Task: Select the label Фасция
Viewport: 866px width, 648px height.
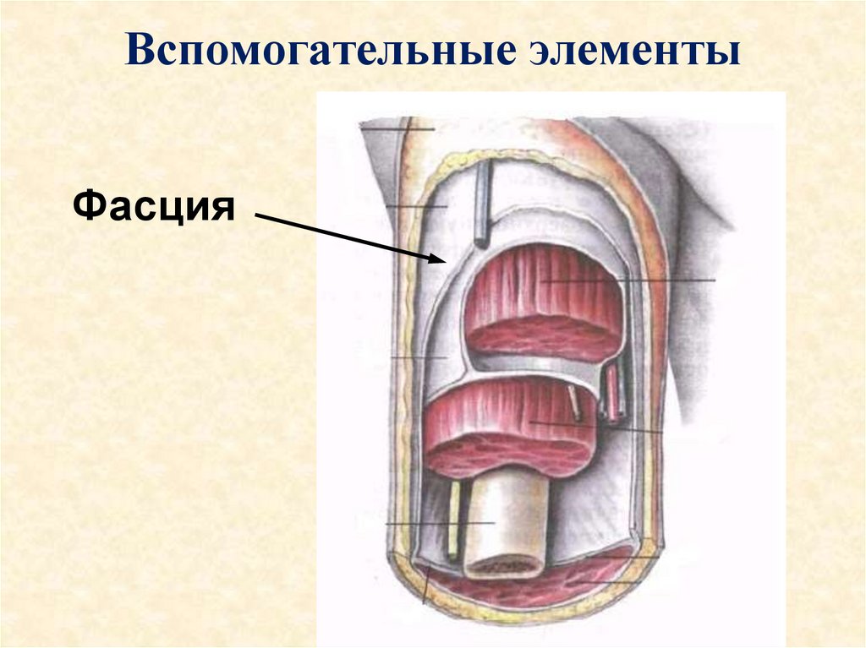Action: [x=154, y=205]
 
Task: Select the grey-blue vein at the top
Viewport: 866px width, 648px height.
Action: [x=481, y=203]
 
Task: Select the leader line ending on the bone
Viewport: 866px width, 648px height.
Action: [x=440, y=525]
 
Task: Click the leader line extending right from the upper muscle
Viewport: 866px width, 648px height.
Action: [x=660, y=280]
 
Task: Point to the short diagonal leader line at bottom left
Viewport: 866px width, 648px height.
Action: [x=427, y=585]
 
